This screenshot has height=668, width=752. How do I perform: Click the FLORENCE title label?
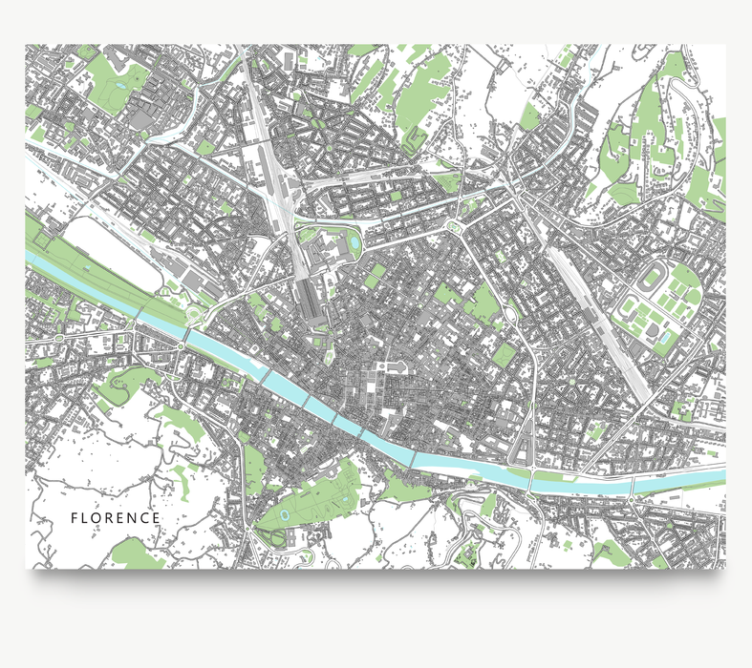[x=116, y=518]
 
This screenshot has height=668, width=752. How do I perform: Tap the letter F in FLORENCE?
[x=75, y=518]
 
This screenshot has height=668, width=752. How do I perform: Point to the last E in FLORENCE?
[x=157, y=518]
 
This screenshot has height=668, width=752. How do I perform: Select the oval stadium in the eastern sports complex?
[x=654, y=282]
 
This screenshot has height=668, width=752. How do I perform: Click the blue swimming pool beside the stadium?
[x=663, y=338]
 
